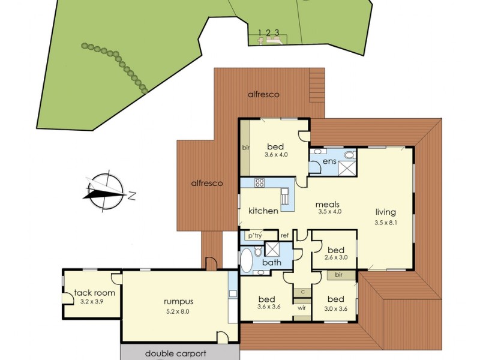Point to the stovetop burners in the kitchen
point(260,183)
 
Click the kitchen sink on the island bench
point(286,196)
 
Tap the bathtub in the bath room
point(247,261)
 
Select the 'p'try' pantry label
point(255,235)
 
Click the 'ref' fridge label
point(285,235)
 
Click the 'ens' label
point(329,161)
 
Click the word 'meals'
point(328,204)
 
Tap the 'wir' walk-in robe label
point(302,310)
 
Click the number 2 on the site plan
point(268,32)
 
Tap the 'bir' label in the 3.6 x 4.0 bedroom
point(245,147)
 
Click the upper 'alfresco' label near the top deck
point(264,94)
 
